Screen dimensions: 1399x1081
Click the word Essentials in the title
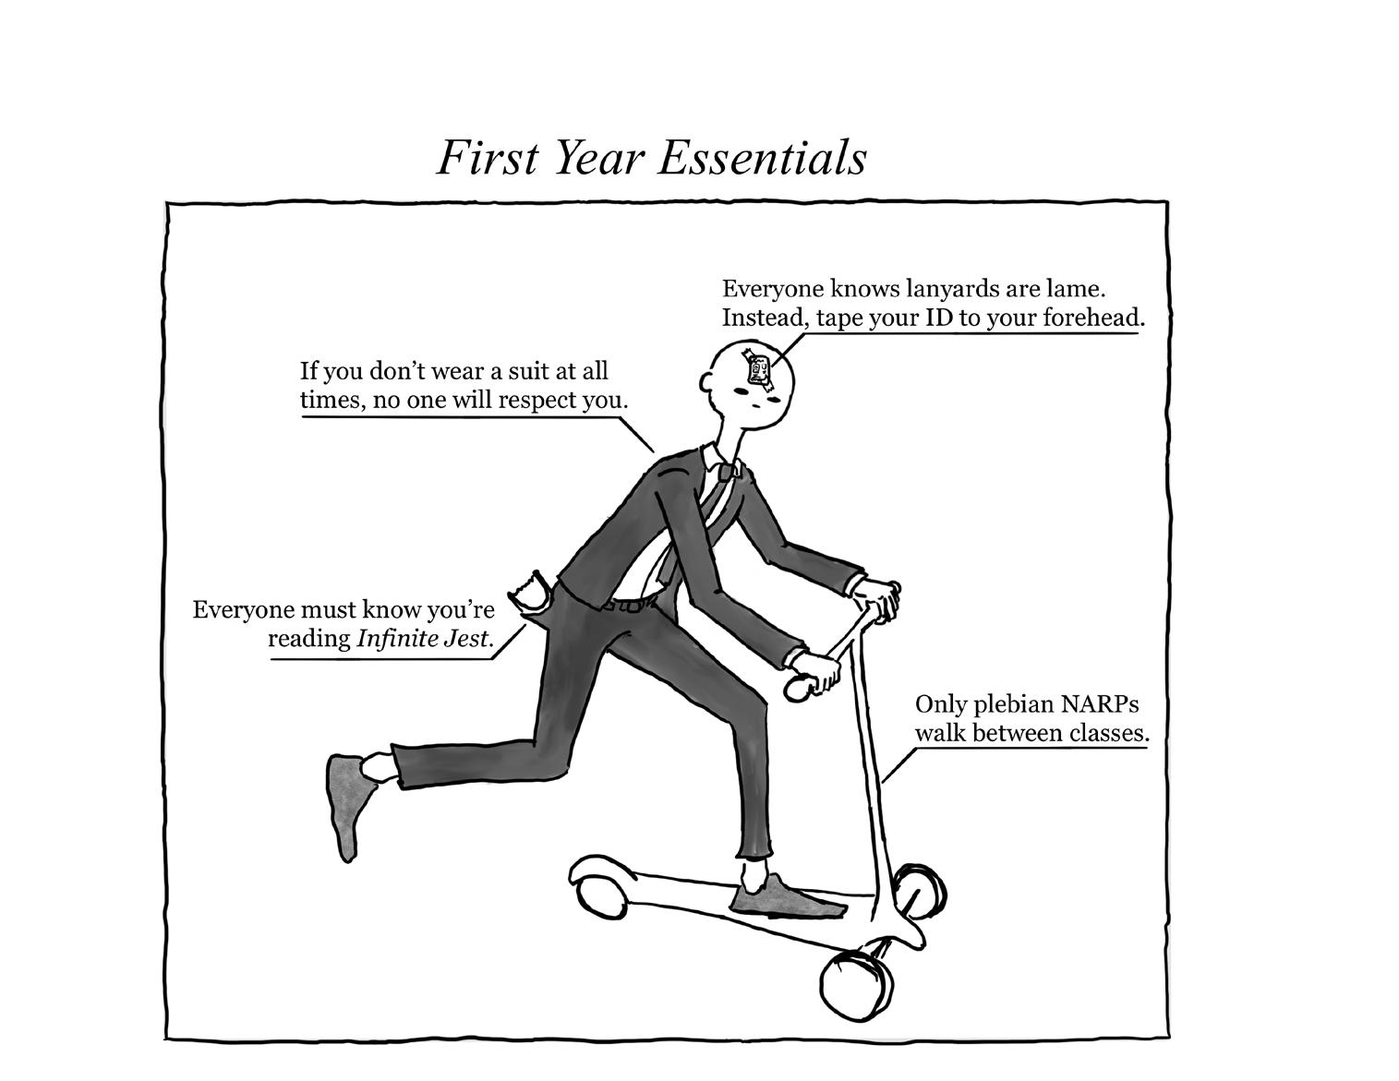point(762,158)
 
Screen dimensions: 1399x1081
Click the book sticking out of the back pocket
point(533,593)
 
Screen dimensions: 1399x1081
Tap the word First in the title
point(486,158)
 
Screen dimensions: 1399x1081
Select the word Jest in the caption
point(464,638)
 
